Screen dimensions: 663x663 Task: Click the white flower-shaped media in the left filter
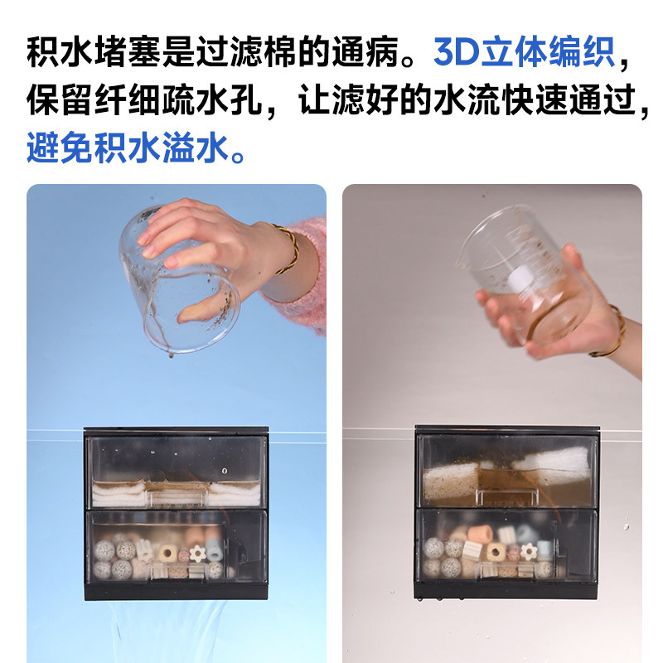pyautogui.click(x=196, y=553)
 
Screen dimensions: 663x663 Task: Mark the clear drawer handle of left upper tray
pyautogui.click(x=176, y=496)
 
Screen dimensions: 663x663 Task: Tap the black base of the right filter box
pyautogui.click(x=506, y=589)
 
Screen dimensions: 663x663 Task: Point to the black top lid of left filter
pyautogui.click(x=176, y=433)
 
